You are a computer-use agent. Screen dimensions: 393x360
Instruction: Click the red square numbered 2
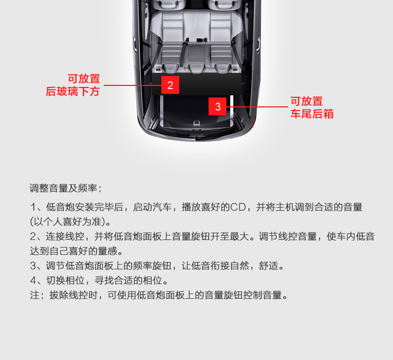coord(170,85)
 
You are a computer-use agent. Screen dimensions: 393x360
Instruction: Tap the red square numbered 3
coord(217,106)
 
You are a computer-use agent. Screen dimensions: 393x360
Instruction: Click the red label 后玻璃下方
coord(73,91)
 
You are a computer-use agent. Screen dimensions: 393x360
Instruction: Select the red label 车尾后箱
coord(312,114)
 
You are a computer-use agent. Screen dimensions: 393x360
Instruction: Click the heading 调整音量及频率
coord(63,188)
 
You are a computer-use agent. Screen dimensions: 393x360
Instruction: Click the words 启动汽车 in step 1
coord(152,208)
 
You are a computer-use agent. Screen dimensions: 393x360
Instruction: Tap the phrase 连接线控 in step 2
coord(65,236)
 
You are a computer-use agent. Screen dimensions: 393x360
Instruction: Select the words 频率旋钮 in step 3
coord(152,266)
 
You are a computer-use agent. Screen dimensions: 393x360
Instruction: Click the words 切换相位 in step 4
coord(65,280)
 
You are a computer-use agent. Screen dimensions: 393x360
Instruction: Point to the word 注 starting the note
coord(35,295)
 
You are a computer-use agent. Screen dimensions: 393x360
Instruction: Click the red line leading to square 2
coord(133,85)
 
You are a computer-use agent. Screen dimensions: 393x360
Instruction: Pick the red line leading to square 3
coord(257,107)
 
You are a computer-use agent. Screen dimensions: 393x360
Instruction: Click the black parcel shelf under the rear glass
coord(196,84)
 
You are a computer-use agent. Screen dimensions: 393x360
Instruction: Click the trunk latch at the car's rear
coord(196,123)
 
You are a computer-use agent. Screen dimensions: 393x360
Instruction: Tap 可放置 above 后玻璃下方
coord(84,79)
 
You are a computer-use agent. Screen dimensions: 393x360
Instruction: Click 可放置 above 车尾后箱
coord(307,101)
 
